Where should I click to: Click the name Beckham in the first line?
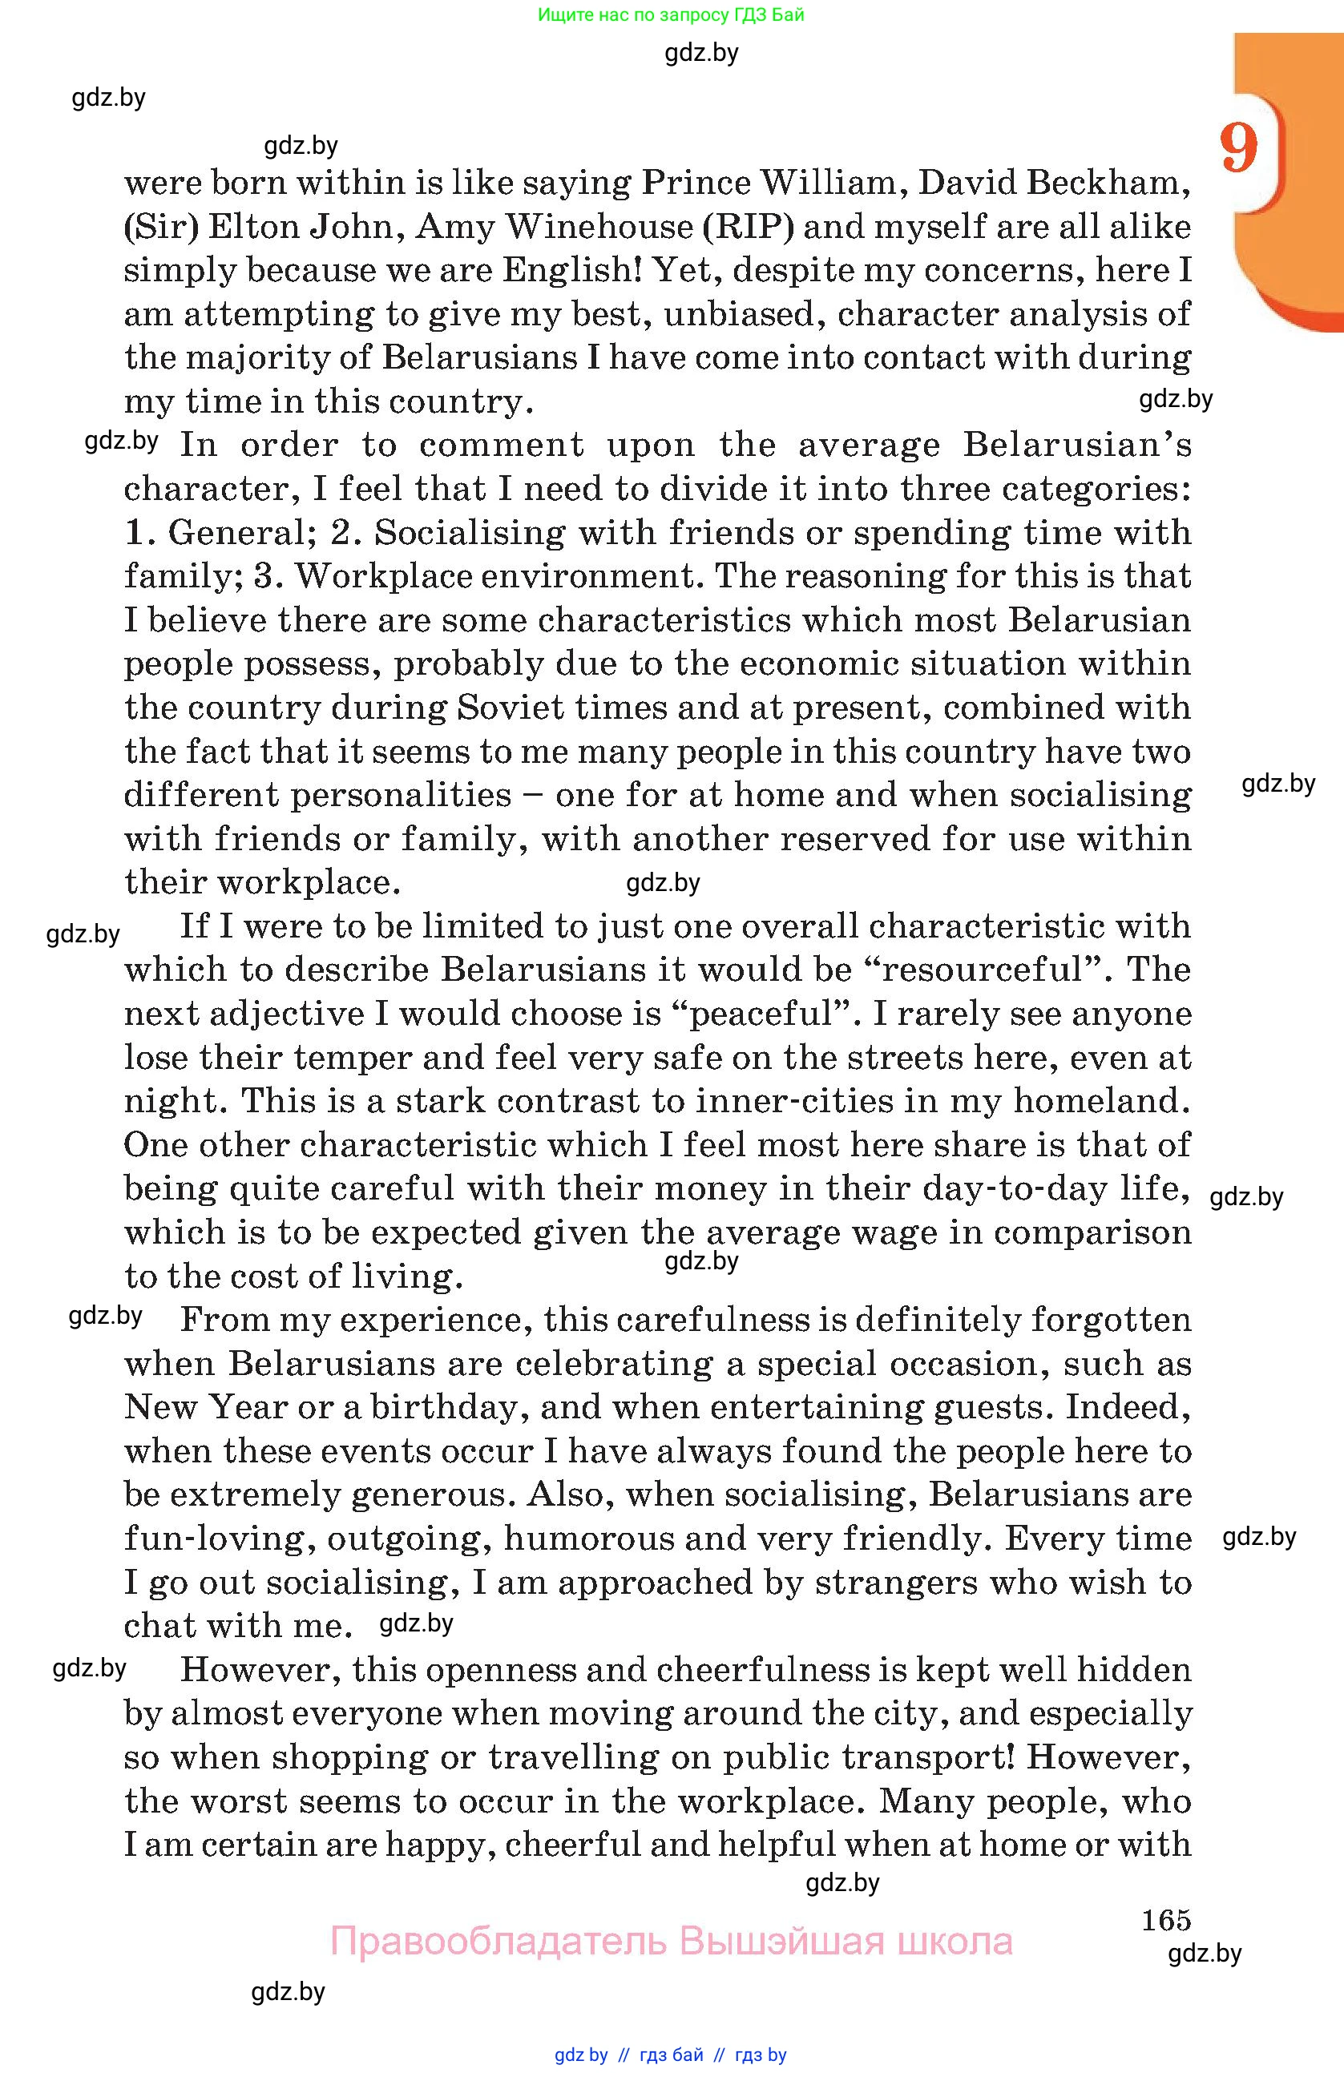click(x=1108, y=183)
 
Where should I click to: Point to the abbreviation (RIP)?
click(x=749, y=227)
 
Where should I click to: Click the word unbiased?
click(x=743, y=313)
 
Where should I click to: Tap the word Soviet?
click(x=511, y=708)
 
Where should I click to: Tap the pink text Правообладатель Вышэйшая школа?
click(x=671, y=1942)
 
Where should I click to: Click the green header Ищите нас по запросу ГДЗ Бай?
click(x=671, y=14)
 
